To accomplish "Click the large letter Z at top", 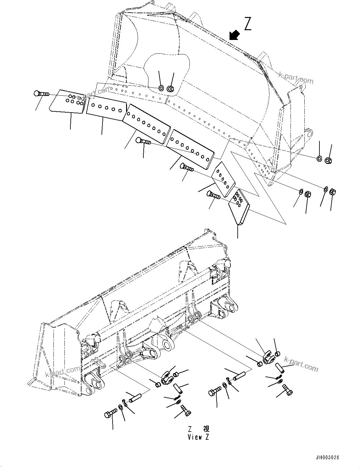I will (248, 24).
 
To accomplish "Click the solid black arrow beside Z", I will (234, 35).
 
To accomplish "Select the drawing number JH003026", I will (328, 458).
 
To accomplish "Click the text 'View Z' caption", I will (198, 437).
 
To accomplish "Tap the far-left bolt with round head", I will (40, 94).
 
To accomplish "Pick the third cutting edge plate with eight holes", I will (146, 121).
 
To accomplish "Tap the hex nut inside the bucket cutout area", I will (170, 89).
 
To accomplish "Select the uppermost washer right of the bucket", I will (319, 159).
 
